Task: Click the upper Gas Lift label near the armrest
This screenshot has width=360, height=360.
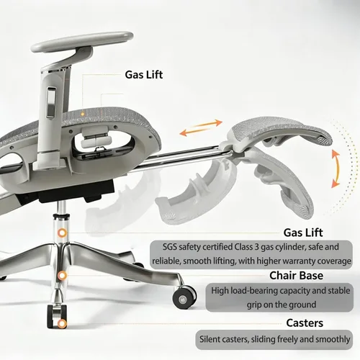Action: [x=144, y=75]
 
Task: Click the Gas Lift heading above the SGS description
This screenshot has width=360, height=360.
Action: [x=303, y=233]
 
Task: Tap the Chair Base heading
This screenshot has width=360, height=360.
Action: [x=296, y=276]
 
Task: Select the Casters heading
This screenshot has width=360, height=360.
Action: [x=305, y=323]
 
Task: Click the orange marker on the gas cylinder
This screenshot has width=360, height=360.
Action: [x=63, y=233]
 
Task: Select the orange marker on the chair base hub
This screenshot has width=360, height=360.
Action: [x=62, y=276]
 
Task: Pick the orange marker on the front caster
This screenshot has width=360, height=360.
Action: [x=62, y=324]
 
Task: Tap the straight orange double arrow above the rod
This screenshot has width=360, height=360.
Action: [x=201, y=127]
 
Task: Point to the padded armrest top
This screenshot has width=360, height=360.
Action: [x=82, y=42]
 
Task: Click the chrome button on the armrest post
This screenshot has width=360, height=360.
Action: [x=51, y=102]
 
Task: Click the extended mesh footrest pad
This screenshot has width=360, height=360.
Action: [x=279, y=131]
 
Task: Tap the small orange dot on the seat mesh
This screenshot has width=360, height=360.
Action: [x=82, y=114]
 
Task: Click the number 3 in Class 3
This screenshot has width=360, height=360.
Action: [x=257, y=247]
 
